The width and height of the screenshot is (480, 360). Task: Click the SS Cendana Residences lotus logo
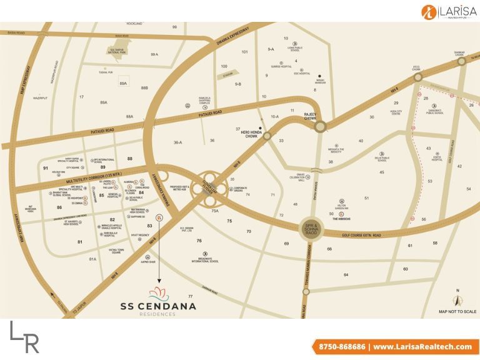pos(158,292)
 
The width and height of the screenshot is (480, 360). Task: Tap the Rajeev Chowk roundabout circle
pos(320,127)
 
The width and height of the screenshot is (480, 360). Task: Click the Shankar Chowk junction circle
pos(462,61)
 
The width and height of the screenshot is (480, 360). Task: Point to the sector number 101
pos(244,52)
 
